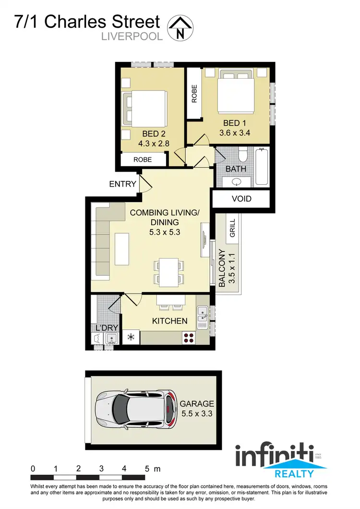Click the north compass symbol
point(180,27)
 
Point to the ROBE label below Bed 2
point(143,159)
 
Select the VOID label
point(241,199)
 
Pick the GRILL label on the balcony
point(232,229)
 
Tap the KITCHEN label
point(169,320)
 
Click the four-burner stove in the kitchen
point(189,337)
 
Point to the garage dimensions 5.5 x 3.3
point(197,412)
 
